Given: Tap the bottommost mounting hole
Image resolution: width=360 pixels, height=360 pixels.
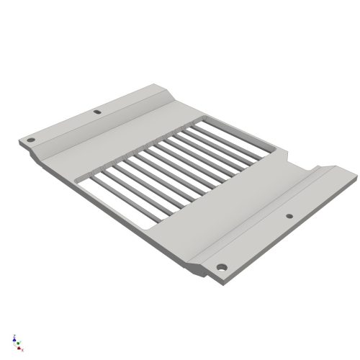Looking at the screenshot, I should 222,267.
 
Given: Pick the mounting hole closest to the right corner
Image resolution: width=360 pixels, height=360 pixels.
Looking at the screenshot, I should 289,215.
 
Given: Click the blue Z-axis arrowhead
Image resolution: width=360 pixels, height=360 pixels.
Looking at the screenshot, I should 15,336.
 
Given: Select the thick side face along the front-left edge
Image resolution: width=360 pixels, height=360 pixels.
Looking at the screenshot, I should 108,216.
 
